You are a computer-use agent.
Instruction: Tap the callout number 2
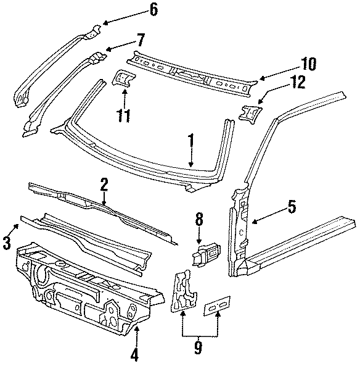click(x=105, y=183)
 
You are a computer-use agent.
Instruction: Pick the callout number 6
click(x=153, y=9)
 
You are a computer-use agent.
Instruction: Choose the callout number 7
click(x=140, y=41)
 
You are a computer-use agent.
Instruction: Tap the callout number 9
click(x=198, y=348)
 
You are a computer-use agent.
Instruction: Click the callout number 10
click(x=308, y=64)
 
